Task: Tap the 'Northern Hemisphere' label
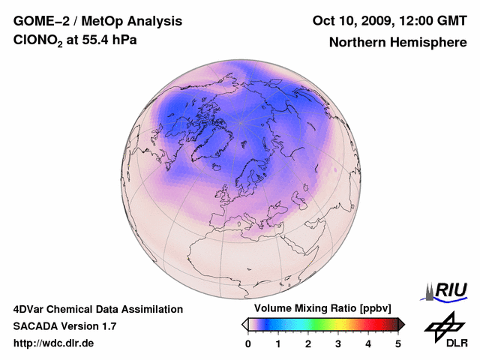tap(397, 42)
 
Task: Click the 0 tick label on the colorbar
tap(248, 343)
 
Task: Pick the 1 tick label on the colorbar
tap(278, 343)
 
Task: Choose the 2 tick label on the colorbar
tap(308, 343)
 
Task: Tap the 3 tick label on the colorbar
tap(338, 343)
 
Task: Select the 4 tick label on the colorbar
tap(368, 343)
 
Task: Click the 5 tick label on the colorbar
tap(398, 343)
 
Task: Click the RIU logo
tap(448, 291)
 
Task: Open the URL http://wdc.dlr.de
tap(54, 343)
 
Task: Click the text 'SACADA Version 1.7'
tap(64, 326)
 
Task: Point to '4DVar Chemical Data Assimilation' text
tap(97, 309)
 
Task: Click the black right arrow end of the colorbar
tap(401, 324)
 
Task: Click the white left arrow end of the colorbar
tap(244, 324)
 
